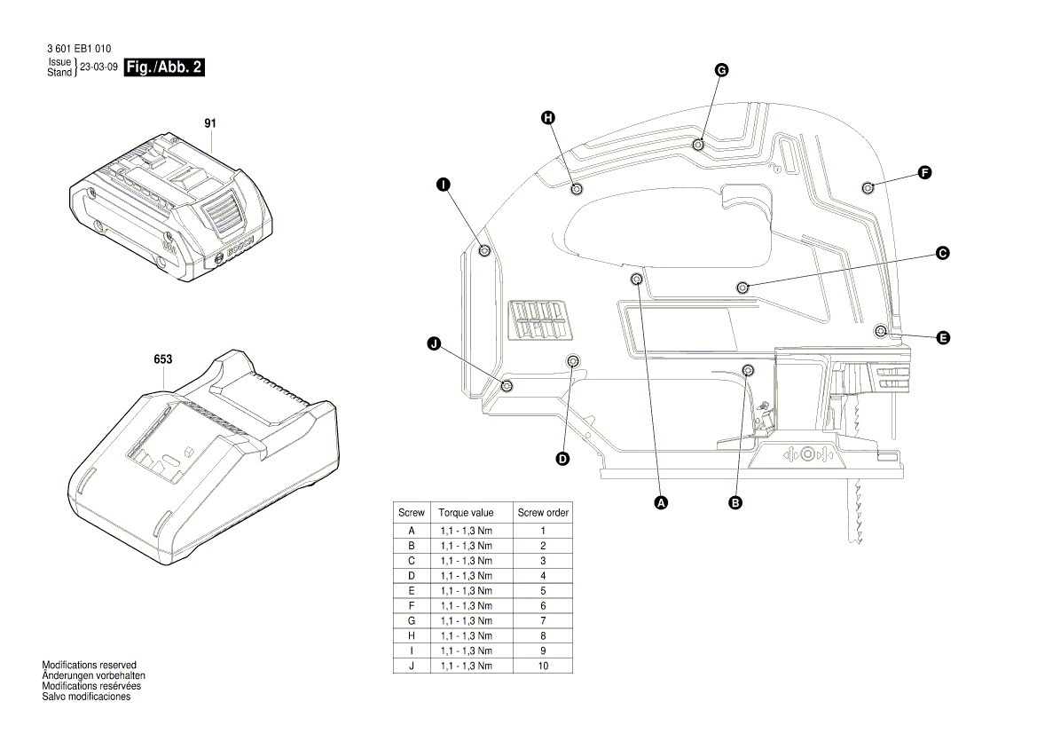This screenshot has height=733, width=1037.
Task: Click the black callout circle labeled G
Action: pos(721,69)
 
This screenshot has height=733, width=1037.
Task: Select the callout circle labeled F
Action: pos(924,173)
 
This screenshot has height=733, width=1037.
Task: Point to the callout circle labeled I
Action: pos(442,185)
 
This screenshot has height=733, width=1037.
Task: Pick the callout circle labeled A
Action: pos(660,502)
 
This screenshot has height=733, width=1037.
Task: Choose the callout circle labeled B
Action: pos(735,502)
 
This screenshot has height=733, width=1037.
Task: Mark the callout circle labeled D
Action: pos(562,459)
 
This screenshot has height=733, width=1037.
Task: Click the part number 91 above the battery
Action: pos(210,123)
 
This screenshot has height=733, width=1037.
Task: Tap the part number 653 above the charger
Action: pos(162,359)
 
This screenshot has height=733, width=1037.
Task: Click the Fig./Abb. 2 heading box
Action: pos(164,67)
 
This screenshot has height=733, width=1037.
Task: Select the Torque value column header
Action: pos(466,513)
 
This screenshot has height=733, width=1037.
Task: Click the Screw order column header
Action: pos(543,513)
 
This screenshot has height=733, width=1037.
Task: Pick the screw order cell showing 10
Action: pos(543,665)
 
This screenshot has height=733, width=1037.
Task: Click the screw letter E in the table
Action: pos(412,590)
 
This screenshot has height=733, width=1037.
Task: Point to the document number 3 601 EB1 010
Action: pos(79,49)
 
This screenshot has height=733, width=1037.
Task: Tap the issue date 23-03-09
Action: pos(98,67)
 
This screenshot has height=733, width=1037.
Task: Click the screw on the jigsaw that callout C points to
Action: pos(742,286)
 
